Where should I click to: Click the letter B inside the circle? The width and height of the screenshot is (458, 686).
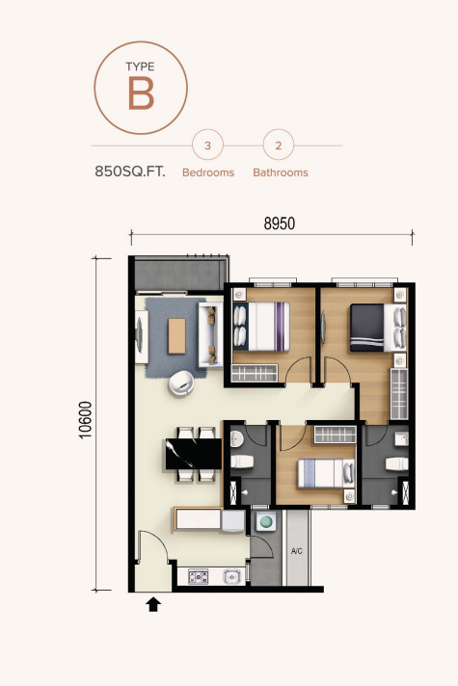(x=140, y=94)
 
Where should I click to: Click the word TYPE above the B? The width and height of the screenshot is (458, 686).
(x=140, y=66)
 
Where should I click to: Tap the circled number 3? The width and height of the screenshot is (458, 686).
(x=207, y=146)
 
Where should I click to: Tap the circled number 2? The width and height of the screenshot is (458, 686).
(x=279, y=146)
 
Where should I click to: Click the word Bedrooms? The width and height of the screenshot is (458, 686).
(x=208, y=173)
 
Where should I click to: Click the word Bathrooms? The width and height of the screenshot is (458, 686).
(x=281, y=173)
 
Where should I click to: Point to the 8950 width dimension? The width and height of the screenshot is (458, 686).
(x=279, y=223)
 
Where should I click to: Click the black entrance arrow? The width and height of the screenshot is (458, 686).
(x=152, y=605)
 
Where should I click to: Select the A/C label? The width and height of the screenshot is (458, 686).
(x=298, y=552)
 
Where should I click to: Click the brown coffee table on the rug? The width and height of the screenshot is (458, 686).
(x=177, y=334)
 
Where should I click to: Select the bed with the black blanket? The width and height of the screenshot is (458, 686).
(x=372, y=328)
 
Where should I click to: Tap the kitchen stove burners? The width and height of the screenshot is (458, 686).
(x=200, y=578)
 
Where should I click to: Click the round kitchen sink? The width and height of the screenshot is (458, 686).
(x=231, y=578)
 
